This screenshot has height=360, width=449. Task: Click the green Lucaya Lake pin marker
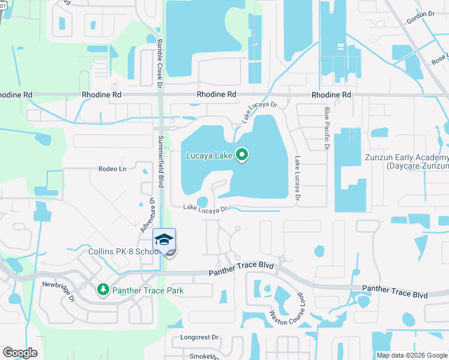click(242, 155)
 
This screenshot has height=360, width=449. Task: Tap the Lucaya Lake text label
click(209, 156)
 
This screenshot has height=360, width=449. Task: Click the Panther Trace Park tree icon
click(103, 290)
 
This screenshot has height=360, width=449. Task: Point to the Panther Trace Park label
click(147, 291)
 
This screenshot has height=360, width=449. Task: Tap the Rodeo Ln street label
click(112, 169)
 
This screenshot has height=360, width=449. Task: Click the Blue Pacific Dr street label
click(327, 127)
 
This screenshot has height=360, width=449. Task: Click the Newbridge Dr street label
click(58, 290)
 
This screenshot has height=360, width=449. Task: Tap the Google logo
click(20, 353)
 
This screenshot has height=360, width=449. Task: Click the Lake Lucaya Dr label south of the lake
click(206, 209)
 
